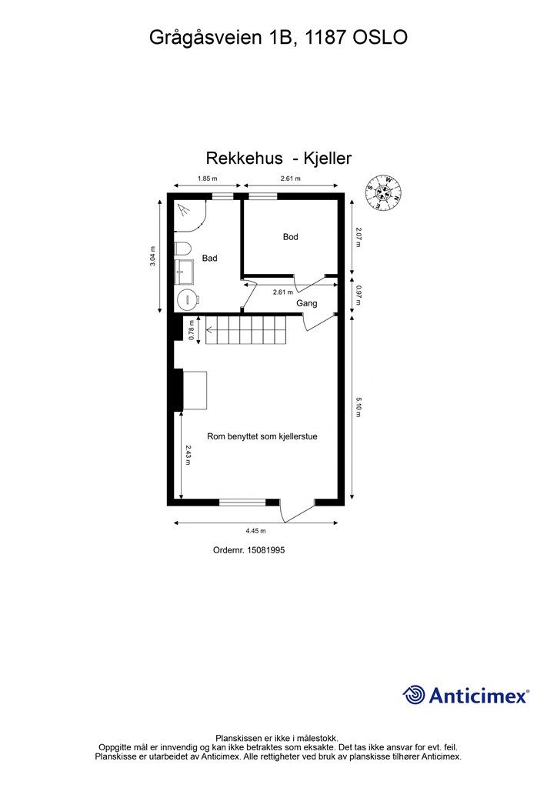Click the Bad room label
point(209,258)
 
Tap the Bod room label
point(290,237)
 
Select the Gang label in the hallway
point(306,303)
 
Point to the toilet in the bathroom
point(183,249)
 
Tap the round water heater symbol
point(188,299)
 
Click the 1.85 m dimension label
point(207,179)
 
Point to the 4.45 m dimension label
point(255,531)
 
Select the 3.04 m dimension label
point(152,255)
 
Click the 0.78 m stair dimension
point(192,330)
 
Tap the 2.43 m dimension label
point(188,455)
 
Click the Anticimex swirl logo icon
point(415,695)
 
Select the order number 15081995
point(266,549)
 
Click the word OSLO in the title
point(380,37)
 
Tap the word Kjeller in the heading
point(328,158)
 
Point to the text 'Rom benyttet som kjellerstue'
point(262,436)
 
